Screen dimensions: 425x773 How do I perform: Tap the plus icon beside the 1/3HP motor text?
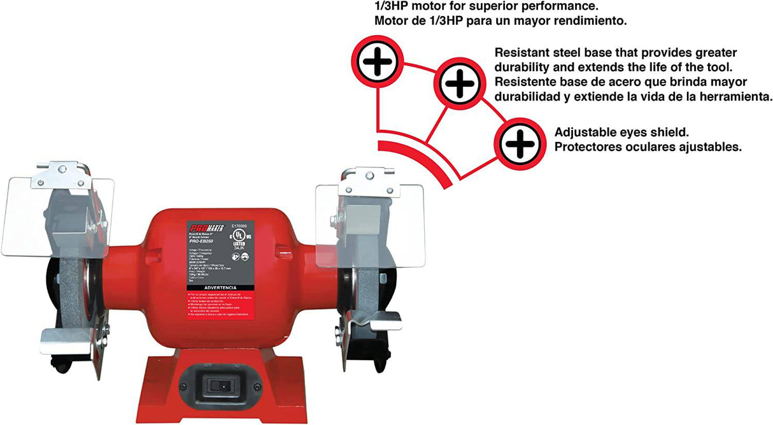[x=378, y=62]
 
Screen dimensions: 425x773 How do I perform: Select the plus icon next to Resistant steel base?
[x=458, y=82]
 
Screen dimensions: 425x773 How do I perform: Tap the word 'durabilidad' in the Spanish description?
[x=527, y=96]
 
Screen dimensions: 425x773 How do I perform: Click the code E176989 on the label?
[x=239, y=225]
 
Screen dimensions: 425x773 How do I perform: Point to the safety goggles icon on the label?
[x=238, y=256]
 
